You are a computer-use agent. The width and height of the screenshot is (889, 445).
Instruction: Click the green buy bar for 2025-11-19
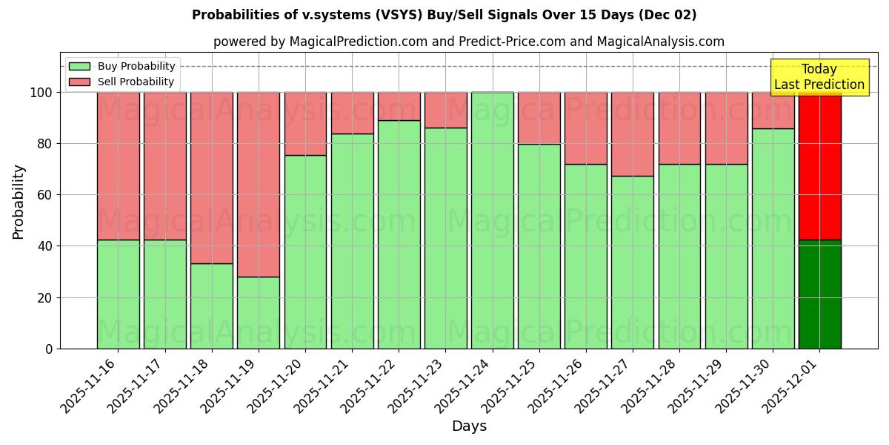tap(259, 312)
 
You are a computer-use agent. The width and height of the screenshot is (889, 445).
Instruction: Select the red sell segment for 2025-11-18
tap(212, 178)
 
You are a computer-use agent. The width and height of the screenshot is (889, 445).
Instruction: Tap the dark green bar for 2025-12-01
tap(820, 294)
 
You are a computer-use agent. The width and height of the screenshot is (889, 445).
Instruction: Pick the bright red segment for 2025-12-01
tap(820, 166)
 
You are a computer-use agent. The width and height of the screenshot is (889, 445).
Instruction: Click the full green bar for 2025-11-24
tap(493, 220)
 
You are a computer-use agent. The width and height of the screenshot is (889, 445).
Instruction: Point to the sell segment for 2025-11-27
tap(633, 134)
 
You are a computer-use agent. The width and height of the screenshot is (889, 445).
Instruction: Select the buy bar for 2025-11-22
tap(399, 234)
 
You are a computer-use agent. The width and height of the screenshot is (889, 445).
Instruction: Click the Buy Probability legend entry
tap(122, 66)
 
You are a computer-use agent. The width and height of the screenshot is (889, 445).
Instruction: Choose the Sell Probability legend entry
tap(122, 82)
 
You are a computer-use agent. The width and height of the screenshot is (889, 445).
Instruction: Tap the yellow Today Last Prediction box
tap(819, 77)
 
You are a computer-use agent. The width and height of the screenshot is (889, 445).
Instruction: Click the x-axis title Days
tap(469, 426)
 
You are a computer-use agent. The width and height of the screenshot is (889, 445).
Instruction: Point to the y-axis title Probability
tap(19, 202)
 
